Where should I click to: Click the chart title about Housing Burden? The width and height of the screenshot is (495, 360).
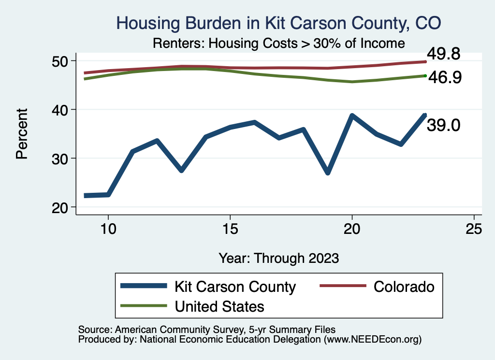coord(279,23)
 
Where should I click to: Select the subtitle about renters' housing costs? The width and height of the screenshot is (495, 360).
coord(278,43)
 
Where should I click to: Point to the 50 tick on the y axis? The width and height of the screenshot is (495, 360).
coord(60,61)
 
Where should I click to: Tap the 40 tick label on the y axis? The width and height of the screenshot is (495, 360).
coord(60,110)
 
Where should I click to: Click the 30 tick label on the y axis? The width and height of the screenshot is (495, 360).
coord(60,158)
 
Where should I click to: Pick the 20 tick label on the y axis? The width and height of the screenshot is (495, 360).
coord(60,207)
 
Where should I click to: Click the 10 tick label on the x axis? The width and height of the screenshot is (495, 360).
coord(108,229)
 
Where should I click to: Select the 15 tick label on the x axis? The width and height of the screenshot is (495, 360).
coord(230,229)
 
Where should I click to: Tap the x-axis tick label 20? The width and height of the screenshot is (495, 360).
coord(352,229)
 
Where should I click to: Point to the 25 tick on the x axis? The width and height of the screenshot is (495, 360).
coord(474,229)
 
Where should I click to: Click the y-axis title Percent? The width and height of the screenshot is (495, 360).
coord(22,134)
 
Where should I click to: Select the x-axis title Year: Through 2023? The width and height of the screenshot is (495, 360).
coord(278,258)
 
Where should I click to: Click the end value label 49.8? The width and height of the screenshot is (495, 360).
coord(443,54)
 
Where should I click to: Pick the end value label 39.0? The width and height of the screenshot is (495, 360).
coord(443,126)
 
